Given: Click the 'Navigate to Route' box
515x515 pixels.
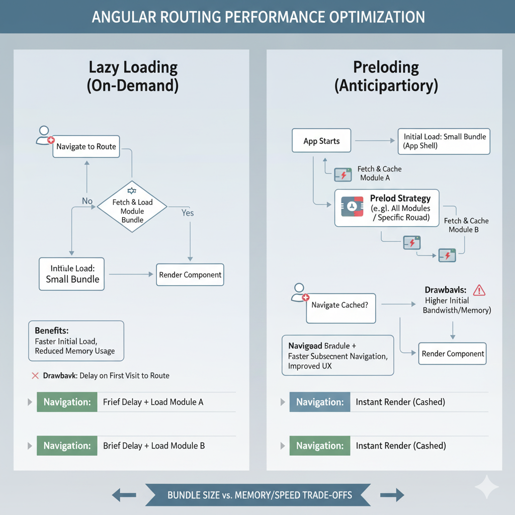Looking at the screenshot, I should (x=86, y=147).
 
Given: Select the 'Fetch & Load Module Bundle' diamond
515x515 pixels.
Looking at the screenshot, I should (x=132, y=207).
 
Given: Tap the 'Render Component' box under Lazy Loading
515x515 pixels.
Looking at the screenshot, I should (x=190, y=275).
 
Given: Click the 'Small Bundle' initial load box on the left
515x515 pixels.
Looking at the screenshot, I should (x=72, y=274).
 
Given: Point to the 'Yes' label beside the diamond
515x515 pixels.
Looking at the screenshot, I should (x=187, y=213).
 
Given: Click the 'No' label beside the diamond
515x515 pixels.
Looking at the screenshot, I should (x=87, y=201).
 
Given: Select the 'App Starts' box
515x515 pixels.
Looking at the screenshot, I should (x=321, y=141).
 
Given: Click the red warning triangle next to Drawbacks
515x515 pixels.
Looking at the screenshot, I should (x=479, y=290).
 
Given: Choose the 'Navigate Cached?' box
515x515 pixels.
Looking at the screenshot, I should (x=341, y=305).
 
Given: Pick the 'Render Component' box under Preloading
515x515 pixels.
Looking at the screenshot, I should (x=453, y=354).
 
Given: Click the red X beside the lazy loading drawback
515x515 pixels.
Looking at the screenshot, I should (x=35, y=376).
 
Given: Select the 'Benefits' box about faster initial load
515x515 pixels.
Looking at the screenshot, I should (x=75, y=341).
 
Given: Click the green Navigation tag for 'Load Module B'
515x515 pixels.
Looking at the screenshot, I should (x=67, y=446).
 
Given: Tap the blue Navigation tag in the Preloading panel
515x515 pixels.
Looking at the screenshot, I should (x=320, y=402).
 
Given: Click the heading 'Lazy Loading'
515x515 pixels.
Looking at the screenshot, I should (x=133, y=68).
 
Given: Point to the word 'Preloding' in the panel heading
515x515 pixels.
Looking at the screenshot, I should (x=386, y=67).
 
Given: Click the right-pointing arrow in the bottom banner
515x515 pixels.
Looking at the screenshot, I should (x=392, y=495).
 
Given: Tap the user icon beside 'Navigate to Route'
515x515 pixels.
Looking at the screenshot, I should (x=45, y=136).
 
